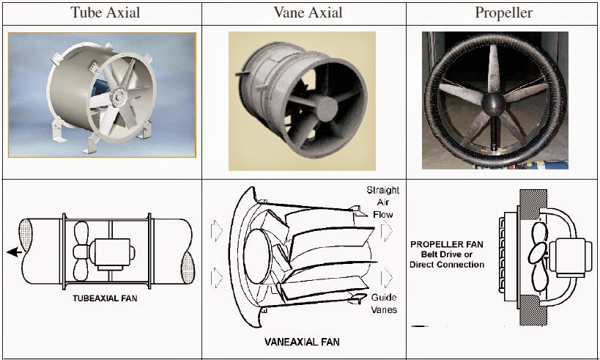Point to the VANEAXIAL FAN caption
click(x=301, y=342)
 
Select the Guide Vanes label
click(x=384, y=304)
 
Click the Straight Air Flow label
click(x=383, y=202)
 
